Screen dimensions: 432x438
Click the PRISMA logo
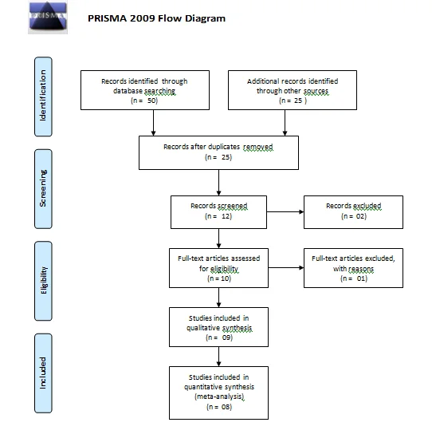(48, 18)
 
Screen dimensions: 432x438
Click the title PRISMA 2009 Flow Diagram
(156, 18)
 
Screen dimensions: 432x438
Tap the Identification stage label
(43, 97)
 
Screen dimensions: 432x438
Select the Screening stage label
(43, 189)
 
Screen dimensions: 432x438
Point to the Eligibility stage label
(43, 281)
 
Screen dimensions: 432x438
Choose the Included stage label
(43, 373)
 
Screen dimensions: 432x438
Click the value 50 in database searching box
(152, 101)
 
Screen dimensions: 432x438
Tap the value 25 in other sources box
(298, 101)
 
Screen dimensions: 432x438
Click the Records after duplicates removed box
(219, 153)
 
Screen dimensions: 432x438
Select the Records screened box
(219, 212)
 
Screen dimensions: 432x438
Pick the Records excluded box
(353, 212)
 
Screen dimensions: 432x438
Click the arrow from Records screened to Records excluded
(285, 212)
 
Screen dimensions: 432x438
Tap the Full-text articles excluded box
(353, 268)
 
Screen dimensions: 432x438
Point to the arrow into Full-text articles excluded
(286, 268)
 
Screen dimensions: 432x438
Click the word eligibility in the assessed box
(224, 269)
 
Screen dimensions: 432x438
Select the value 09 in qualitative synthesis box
(226, 337)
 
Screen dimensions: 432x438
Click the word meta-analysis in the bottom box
(220, 397)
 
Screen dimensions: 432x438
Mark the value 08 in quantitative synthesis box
(226, 407)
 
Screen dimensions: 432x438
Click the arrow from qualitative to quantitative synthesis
(219, 357)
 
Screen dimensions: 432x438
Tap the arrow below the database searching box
(153, 123)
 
